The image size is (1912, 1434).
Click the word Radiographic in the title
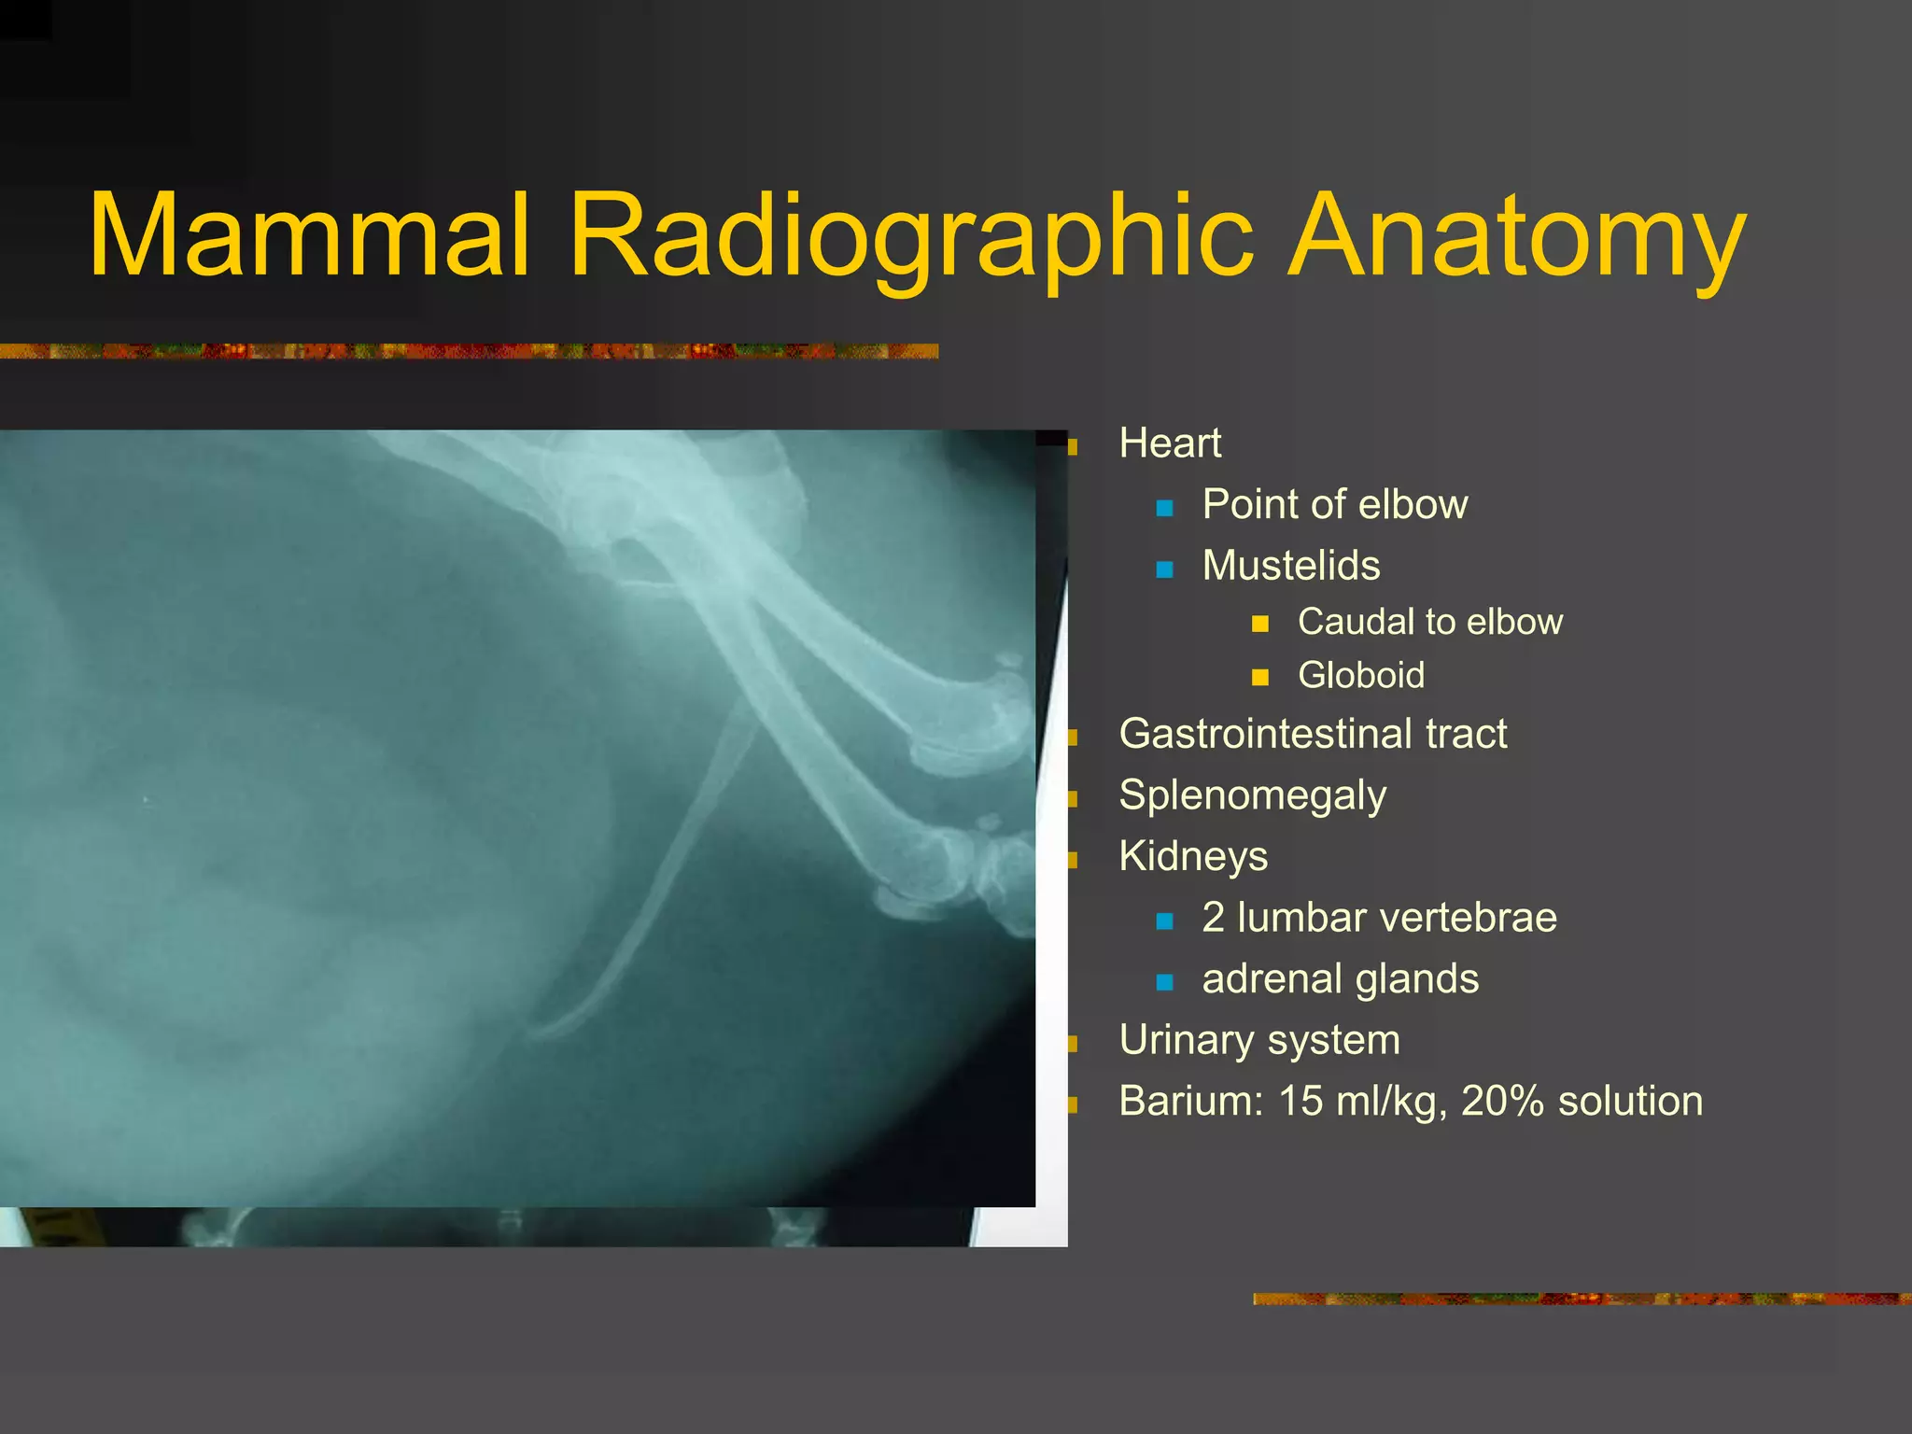click(x=910, y=235)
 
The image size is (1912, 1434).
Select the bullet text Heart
click(x=1169, y=443)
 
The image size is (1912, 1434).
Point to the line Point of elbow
click(x=1334, y=505)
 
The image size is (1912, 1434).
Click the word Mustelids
click(x=1290, y=566)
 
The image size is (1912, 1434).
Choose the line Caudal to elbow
click(x=1429, y=622)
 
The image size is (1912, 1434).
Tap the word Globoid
click(x=1360, y=676)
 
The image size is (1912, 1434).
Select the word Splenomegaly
click(x=1252, y=795)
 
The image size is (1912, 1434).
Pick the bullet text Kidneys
click(x=1192, y=856)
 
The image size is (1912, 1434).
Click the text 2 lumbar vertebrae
click(x=1379, y=918)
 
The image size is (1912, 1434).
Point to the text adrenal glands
click(x=1340, y=979)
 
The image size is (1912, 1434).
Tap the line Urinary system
click(x=1258, y=1040)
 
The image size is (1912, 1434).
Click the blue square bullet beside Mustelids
click(x=1164, y=569)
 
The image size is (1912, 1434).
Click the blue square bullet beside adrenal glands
click(x=1164, y=982)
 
